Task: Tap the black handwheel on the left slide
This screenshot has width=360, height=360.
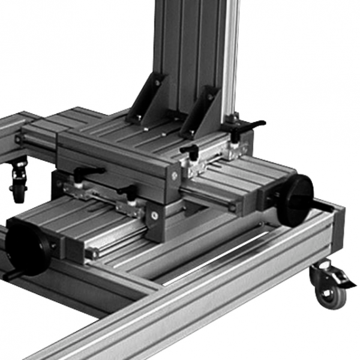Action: coord(26,246)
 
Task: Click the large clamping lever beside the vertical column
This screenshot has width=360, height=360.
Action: coord(246,128)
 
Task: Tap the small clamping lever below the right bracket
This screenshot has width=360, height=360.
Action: coord(190,152)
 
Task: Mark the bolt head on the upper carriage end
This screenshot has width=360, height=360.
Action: coord(173,176)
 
